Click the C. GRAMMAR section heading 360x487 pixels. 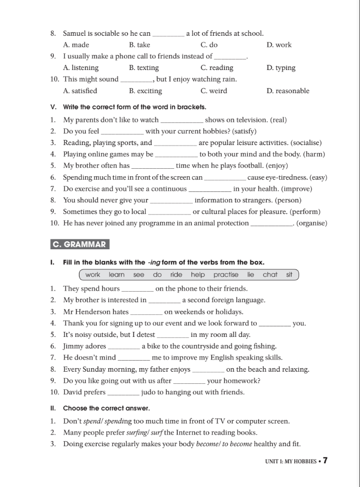[x=80, y=245]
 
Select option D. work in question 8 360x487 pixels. [x=279, y=45]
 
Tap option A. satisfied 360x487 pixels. [x=80, y=91]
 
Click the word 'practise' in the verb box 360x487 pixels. [x=226, y=274]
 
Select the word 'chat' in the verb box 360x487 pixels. [x=270, y=274]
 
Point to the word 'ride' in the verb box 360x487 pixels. [x=176, y=274]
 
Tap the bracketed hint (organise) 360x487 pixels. [x=312, y=223]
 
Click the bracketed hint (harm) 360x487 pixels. [x=312, y=154]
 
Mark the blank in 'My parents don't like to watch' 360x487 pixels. [x=182, y=121]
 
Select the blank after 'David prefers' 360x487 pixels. [x=124, y=392]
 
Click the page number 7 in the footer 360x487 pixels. [x=325, y=460]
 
